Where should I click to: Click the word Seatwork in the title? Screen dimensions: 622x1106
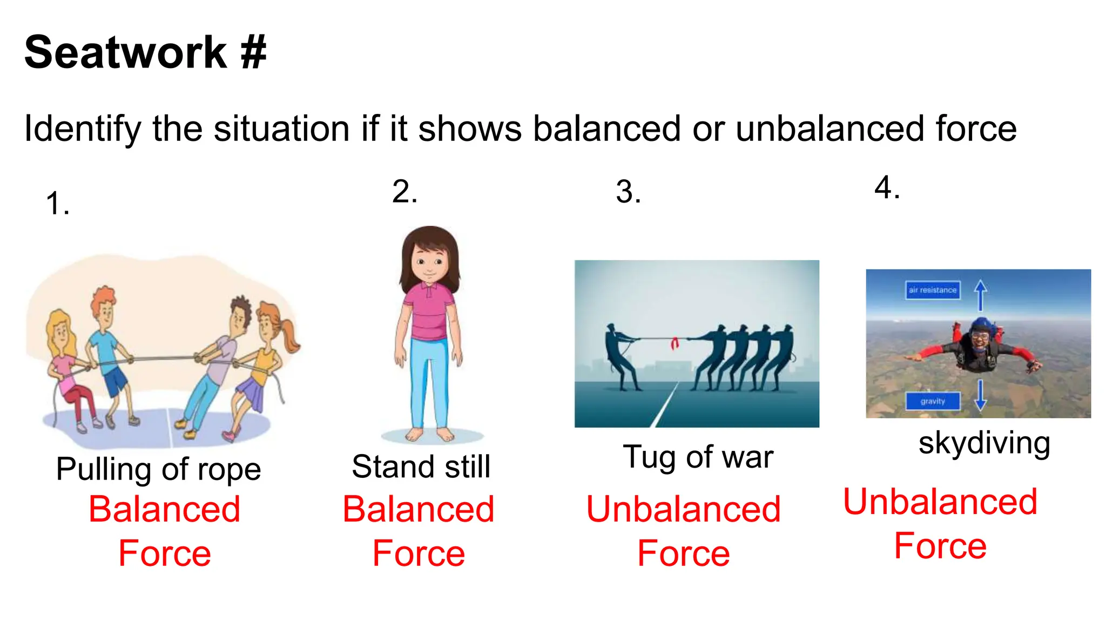[x=125, y=52]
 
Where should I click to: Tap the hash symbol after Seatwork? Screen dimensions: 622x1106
[x=253, y=52]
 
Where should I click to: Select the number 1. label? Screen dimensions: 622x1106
[x=57, y=204]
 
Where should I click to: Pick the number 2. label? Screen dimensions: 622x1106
[x=404, y=192]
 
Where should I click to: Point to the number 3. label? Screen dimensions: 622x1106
[x=628, y=192]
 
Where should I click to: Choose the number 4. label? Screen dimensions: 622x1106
[x=887, y=188]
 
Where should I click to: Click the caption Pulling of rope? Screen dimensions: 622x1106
[x=158, y=469]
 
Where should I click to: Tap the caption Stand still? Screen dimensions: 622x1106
[x=421, y=466]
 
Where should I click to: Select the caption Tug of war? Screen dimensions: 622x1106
[x=698, y=457]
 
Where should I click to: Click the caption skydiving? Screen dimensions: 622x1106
[x=984, y=443]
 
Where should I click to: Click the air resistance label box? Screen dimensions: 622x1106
[x=933, y=290]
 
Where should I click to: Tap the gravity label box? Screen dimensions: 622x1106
[x=933, y=401]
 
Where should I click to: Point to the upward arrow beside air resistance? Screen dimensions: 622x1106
[x=981, y=295]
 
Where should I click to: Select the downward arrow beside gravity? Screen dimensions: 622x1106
[x=981, y=395]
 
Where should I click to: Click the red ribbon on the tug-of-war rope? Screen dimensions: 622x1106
[x=675, y=343]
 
